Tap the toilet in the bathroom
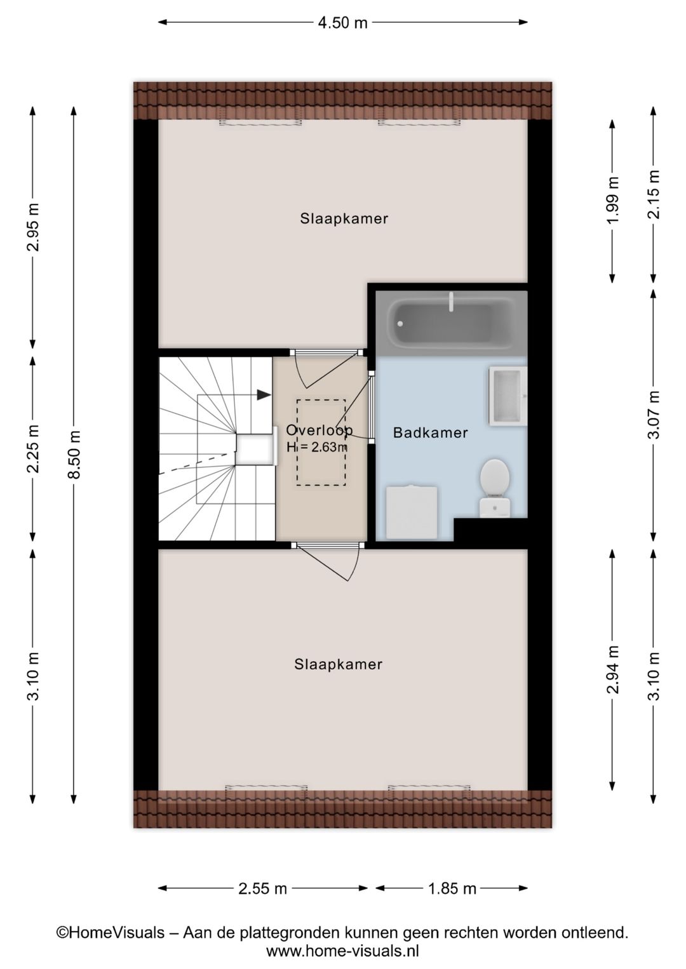pos(494,488)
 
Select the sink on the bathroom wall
pos(508,395)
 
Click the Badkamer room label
pos(430,432)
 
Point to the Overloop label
pos(319,430)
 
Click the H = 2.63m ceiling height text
pos(317,446)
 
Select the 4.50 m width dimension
pos(342,22)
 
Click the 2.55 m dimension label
pos(262,888)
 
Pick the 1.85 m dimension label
pos(452,888)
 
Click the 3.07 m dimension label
pos(654,415)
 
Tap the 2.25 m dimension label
pos(34,448)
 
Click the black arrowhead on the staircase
pos(264,394)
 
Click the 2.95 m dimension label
pos(34,227)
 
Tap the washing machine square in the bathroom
pos(411,513)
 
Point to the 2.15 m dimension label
pos(654,194)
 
